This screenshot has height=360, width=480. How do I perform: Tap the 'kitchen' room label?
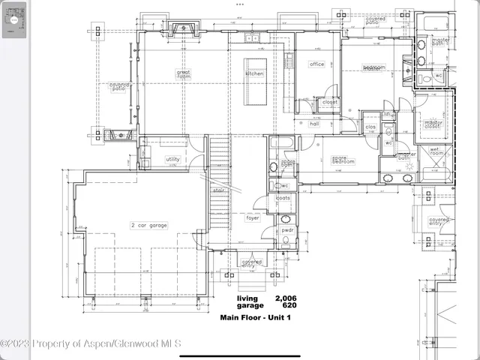pos(255,73)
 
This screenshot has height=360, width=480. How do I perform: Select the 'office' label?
pos(316,64)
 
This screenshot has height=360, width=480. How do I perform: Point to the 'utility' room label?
pos(172,159)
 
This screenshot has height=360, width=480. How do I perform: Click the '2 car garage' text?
pos(149,225)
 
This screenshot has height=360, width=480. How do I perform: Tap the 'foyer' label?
pos(253,218)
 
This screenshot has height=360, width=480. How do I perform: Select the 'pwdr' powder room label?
pos(286,230)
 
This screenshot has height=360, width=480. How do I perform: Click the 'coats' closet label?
pos(283,198)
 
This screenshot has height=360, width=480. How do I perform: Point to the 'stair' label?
pos(219,190)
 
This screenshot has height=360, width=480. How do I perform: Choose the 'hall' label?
pos(315,124)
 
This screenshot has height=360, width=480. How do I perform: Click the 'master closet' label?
pos(433,124)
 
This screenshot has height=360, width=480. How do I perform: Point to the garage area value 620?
pos(288,305)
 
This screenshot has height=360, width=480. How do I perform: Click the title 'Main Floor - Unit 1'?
pos(254,317)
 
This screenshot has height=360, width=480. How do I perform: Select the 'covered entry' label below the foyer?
pos(248,263)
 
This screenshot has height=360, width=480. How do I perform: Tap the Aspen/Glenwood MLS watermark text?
pos(91,344)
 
